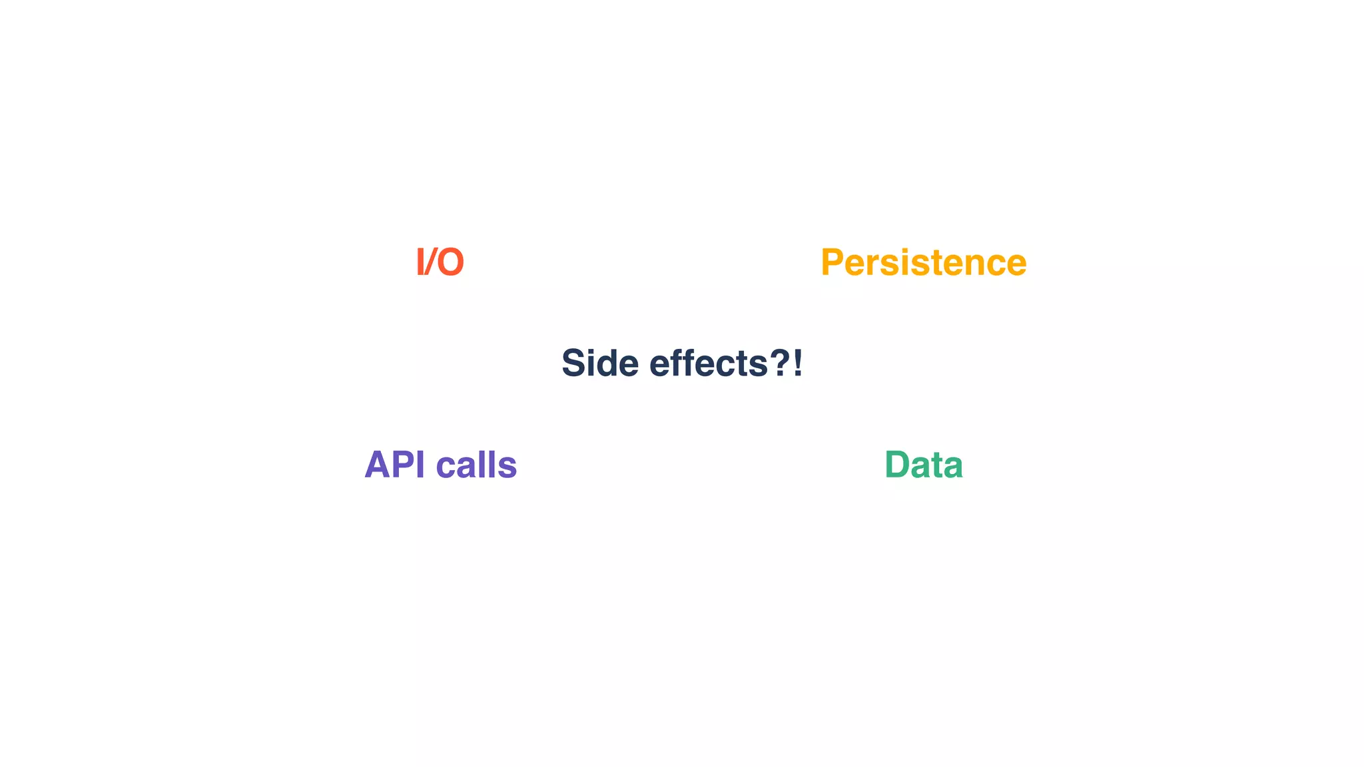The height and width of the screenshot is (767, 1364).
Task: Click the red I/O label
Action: click(440, 262)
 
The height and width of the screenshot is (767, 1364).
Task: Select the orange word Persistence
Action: click(923, 262)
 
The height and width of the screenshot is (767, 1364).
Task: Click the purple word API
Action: click(394, 465)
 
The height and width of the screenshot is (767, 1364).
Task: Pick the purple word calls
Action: click(476, 465)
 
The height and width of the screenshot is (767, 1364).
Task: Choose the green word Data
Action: click(923, 465)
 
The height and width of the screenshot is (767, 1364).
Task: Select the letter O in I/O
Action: click(450, 262)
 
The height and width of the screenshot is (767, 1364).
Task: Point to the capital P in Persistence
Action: click(834, 262)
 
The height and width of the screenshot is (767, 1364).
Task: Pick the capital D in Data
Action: click(898, 465)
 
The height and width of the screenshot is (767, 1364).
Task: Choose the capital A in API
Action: click(378, 465)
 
